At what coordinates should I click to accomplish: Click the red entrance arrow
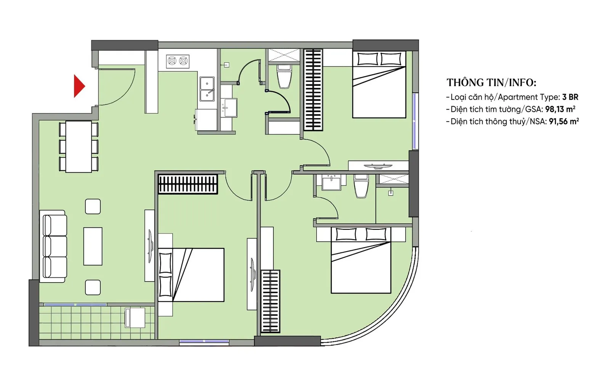tap(79, 86)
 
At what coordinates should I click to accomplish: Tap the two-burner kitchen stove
tap(178, 61)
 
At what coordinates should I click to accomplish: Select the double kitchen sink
tap(207, 89)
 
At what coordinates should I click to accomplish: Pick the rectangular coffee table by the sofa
tap(93, 246)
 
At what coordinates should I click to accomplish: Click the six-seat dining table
tap(79, 146)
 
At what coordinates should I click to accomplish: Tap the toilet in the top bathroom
tap(284, 76)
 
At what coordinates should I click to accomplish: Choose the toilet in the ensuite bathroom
tap(361, 186)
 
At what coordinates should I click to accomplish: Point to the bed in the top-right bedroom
tap(379, 84)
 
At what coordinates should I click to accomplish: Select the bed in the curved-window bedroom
tap(361, 260)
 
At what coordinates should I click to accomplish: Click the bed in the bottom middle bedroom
tap(191, 275)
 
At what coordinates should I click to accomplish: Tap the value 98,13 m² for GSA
tap(560, 109)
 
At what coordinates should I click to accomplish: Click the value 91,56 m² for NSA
tap(564, 121)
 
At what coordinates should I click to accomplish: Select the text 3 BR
tap(570, 97)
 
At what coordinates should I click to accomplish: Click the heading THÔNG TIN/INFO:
tap(491, 82)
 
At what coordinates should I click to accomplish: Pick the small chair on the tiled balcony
tap(135, 317)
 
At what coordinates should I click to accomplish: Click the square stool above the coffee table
tap(93, 206)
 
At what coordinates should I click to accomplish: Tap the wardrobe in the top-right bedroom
tap(313, 90)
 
